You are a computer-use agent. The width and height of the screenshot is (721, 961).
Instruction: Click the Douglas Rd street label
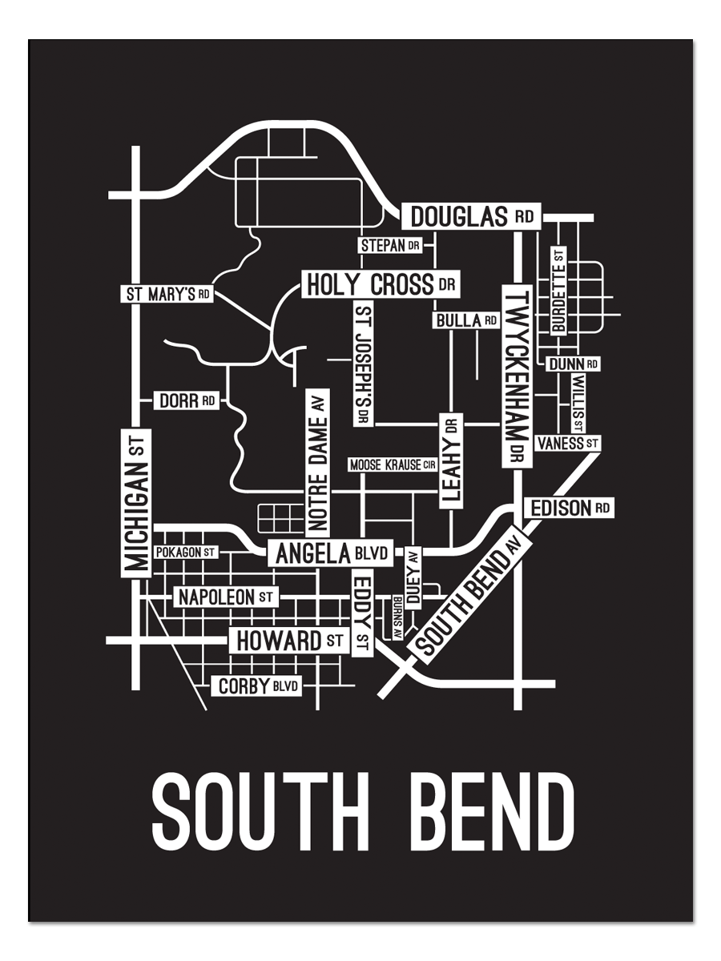tap(471, 216)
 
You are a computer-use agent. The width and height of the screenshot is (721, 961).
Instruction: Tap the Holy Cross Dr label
tap(381, 284)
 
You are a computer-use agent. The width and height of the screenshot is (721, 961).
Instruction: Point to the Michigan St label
tap(136, 501)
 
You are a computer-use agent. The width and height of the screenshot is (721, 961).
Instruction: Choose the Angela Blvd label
tap(329, 553)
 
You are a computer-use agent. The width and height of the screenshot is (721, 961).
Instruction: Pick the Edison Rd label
tap(569, 508)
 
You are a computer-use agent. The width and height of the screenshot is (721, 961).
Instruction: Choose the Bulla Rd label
tap(465, 320)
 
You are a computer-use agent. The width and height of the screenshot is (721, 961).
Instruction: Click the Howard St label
tap(288, 641)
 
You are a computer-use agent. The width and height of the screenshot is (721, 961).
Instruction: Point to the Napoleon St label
tap(225, 597)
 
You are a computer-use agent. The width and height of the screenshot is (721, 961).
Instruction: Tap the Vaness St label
tap(568, 443)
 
